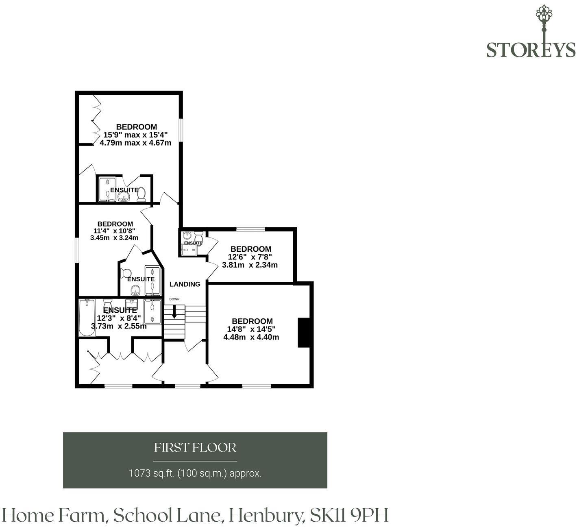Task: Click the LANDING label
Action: tap(185, 284)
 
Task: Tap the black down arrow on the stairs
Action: tap(174, 311)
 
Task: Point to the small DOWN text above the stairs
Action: tap(174, 299)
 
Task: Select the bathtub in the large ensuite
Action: tap(87, 318)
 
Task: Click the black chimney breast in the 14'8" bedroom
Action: tap(303, 332)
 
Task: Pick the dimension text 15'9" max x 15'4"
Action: tap(135, 135)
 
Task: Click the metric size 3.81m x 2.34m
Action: tap(250, 265)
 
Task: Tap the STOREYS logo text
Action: tap(531, 50)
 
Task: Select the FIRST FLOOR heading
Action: tap(195, 447)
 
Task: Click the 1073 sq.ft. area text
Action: tap(152, 473)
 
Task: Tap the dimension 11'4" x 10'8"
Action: tap(114, 231)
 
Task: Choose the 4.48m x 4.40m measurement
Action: tap(251, 337)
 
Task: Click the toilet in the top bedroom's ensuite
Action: tap(141, 194)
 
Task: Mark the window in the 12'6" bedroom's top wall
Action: tap(250, 229)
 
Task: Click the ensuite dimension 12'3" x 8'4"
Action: tap(119, 318)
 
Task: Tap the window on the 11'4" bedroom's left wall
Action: tap(77, 250)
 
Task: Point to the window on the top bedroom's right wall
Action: tap(181, 130)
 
